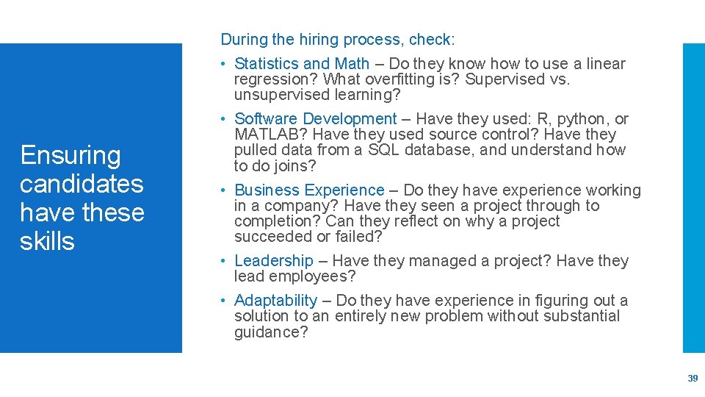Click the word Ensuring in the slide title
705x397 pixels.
click(70, 156)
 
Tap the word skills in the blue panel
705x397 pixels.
click(47, 241)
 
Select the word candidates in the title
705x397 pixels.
click(82, 184)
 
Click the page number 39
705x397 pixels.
click(692, 378)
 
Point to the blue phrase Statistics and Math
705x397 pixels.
click(302, 64)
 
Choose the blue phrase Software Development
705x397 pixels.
click(315, 119)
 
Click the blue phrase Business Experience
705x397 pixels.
click(309, 190)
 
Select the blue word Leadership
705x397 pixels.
click(273, 261)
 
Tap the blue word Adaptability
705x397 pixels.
click(275, 301)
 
